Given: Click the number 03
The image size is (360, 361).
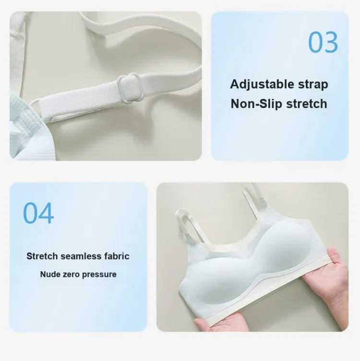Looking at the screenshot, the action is pyautogui.click(x=323, y=42).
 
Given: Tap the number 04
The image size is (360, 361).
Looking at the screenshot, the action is pyautogui.click(x=38, y=213).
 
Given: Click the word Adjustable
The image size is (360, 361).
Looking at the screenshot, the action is pyautogui.click(x=262, y=84).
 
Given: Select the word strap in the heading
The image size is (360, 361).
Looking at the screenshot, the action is pyautogui.click(x=313, y=84).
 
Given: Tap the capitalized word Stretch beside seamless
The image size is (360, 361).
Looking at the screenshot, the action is pyautogui.click(x=42, y=256).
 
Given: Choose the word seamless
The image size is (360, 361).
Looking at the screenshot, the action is pyautogui.click(x=81, y=256).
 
